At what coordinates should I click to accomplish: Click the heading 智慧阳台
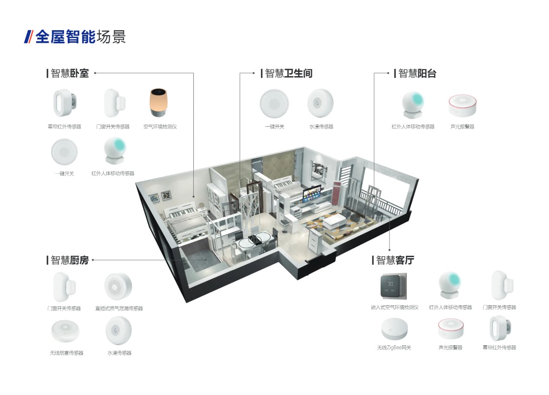(x=417, y=73)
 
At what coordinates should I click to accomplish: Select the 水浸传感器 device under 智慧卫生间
(x=320, y=103)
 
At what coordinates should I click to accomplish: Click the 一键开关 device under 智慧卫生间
(x=274, y=103)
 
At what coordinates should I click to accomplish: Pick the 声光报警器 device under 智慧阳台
(x=462, y=105)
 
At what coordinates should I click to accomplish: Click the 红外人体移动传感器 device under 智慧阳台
(x=412, y=105)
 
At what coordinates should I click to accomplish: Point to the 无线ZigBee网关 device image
(x=396, y=330)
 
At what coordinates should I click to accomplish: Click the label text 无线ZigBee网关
(x=394, y=348)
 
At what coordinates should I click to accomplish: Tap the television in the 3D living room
(x=313, y=195)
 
